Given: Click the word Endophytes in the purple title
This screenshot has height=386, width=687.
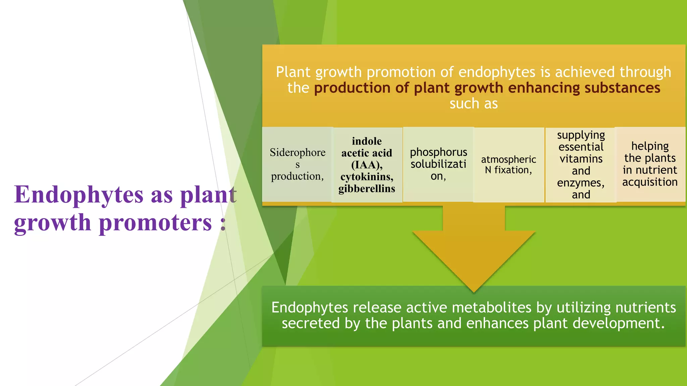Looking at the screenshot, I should click(x=79, y=195).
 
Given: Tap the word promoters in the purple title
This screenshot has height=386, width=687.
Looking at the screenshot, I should click(x=155, y=223).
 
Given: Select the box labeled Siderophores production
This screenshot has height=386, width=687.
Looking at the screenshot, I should click(x=297, y=164).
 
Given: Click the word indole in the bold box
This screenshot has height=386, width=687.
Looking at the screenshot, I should click(x=367, y=141).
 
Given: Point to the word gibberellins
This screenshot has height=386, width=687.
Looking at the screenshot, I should click(x=367, y=189).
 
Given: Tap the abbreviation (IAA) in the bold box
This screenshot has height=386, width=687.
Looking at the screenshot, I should click(x=367, y=165).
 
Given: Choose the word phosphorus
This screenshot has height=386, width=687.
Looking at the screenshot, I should click(x=438, y=152).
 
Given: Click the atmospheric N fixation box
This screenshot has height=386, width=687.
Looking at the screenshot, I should click(x=509, y=165).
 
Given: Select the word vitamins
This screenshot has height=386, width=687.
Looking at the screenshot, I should click(x=581, y=159).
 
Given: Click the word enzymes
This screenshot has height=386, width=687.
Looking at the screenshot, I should click(x=580, y=183).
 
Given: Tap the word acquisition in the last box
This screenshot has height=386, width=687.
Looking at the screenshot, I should click(x=650, y=182).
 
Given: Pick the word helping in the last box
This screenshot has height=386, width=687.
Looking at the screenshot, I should click(x=650, y=146).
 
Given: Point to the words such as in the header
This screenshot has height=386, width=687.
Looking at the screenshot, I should click(x=474, y=104).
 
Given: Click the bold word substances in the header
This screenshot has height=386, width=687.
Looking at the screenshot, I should click(x=622, y=88).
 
